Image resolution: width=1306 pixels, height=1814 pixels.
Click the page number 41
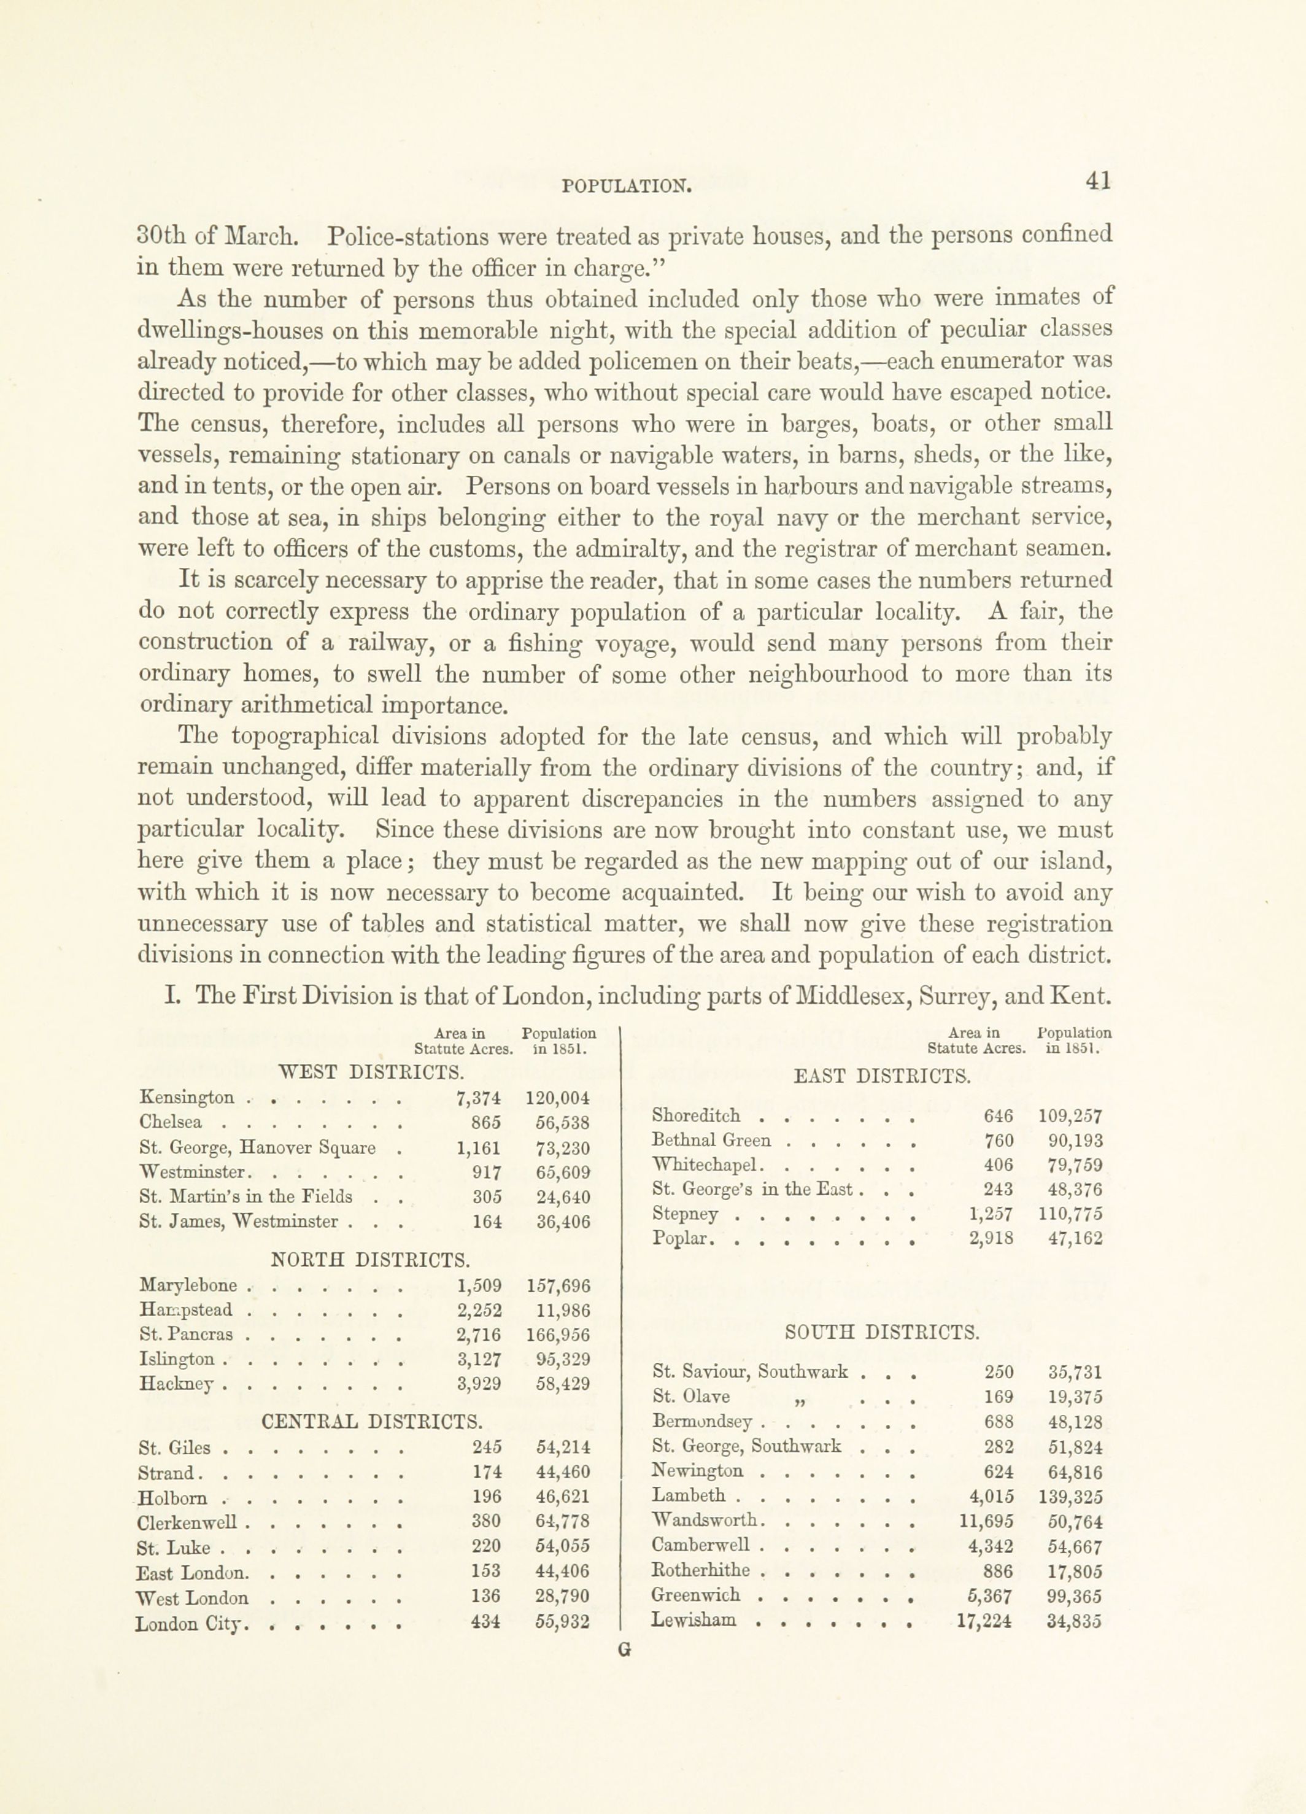(1099, 182)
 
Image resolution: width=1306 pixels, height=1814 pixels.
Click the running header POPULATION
(626, 187)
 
